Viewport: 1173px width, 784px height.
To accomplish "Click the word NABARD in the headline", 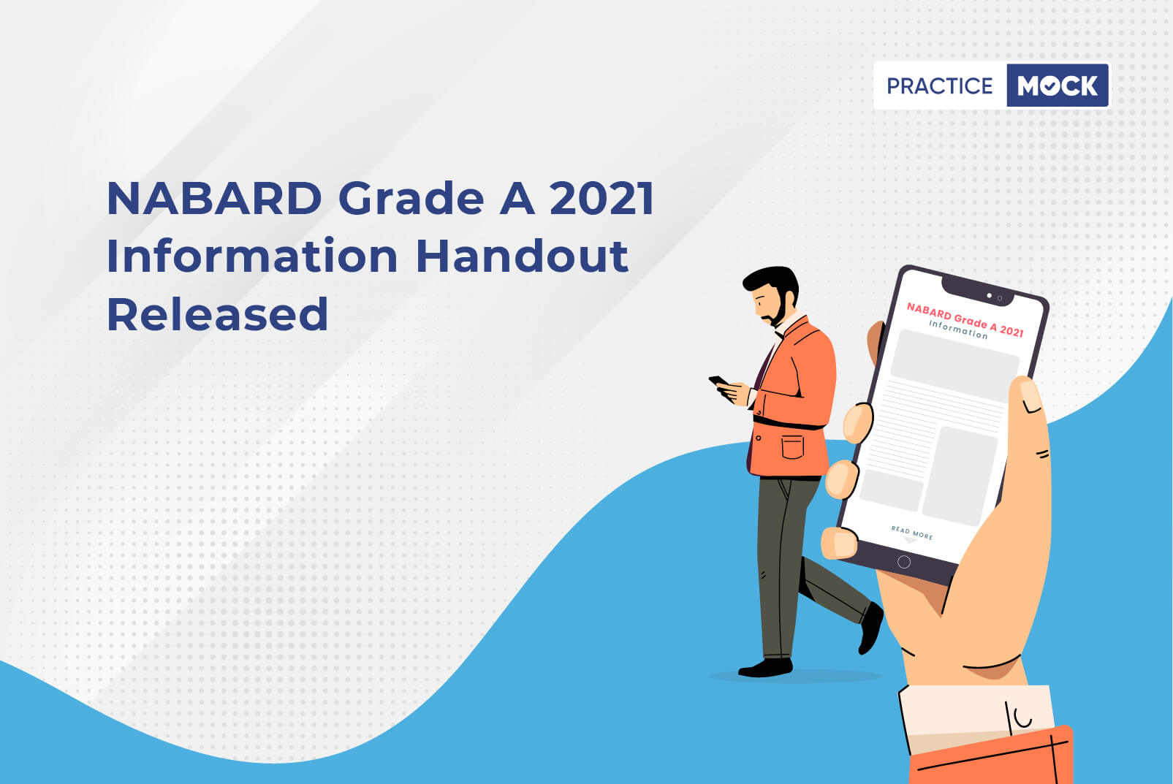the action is tap(214, 198).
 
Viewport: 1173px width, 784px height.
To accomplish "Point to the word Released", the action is tap(217, 313).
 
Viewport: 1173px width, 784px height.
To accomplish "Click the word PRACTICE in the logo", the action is tap(939, 85).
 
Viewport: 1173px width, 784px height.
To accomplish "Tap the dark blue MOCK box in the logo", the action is tap(1058, 85).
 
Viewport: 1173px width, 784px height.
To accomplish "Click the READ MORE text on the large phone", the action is tap(911, 532).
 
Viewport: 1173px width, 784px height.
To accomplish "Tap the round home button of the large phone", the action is tap(904, 562).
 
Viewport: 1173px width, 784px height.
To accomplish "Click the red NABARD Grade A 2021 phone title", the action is tap(965, 319).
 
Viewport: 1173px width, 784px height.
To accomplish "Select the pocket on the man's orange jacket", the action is tap(792, 446).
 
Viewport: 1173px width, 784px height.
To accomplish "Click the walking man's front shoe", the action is tap(870, 628).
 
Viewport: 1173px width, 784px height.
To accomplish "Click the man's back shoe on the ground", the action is tap(765, 668).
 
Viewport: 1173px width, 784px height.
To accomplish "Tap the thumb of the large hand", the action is tap(1028, 419).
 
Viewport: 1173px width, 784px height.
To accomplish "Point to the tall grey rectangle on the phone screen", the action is tap(960, 475).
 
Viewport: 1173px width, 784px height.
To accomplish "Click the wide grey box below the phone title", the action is tap(954, 365).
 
